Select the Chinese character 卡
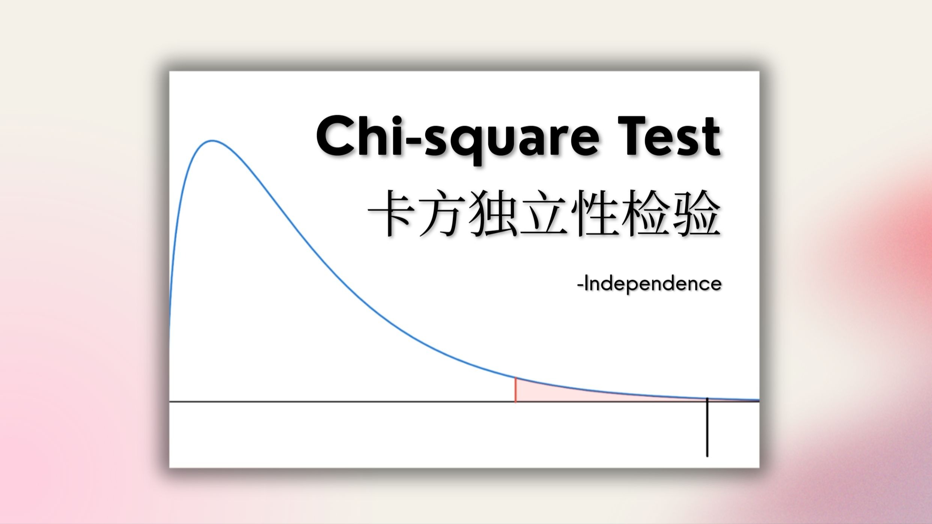click(391, 213)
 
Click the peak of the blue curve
click(212, 141)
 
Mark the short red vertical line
click(516, 390)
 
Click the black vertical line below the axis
click(708, 427)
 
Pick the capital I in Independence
click(586, 283)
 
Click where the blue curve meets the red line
click(516, 378)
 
